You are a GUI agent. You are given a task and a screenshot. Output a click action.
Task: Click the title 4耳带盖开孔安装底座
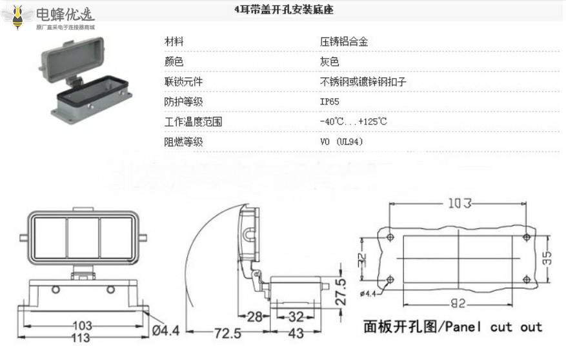pos(284,11)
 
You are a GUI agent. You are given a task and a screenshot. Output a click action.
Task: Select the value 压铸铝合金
pos(345,42)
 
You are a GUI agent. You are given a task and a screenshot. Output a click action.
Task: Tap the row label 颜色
pos(174,62)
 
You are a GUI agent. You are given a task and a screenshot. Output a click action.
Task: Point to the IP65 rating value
pos(329,102)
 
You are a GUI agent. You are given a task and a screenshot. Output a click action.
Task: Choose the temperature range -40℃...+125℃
pos(352,122)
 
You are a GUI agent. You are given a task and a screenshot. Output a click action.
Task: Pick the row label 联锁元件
pos(184,82)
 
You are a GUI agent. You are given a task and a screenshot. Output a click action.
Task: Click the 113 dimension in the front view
pos(81,338)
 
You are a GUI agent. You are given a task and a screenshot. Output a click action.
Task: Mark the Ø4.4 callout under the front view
pos(166,330)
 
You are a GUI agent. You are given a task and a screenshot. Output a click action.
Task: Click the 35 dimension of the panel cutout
pos(547,259)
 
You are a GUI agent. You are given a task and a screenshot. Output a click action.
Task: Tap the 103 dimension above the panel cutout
pos(459,204)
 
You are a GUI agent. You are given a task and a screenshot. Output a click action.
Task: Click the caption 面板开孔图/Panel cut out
pos(452,326)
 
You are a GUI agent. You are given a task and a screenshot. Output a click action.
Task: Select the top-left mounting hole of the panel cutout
pos(390,237)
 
